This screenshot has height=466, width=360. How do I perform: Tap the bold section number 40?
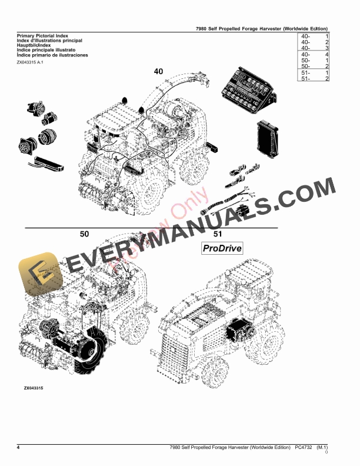click(158, 71)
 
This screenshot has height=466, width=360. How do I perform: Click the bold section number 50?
click(85, 234)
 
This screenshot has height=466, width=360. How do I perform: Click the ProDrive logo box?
click(222, 248)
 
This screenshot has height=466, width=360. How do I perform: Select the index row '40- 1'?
click(314, 36)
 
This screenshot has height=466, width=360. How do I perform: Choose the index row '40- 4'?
click(314, 54)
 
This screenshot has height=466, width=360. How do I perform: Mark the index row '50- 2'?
click(314, 66)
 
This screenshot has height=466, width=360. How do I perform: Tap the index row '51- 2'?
click(314, 78)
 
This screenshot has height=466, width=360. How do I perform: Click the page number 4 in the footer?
click(19, 448)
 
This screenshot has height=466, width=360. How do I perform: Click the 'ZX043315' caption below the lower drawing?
click(34, 388)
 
